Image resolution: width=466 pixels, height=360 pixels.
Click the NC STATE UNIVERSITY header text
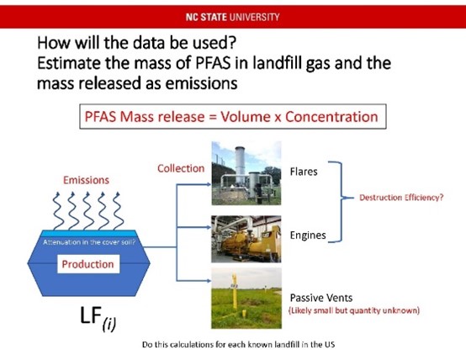(x=232, y=15)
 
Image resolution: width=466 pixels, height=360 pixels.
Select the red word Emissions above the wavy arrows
(x=86, y=180)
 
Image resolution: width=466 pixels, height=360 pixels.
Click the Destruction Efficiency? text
(x=401, y=199)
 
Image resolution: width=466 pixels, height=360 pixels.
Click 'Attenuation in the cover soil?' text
(x=87, y=243)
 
